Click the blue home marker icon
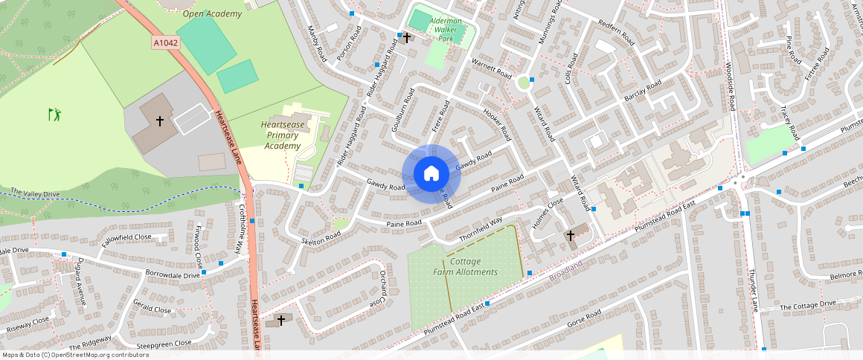pos(431,174)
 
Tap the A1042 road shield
pos(166,44)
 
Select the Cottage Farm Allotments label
pos(466,267)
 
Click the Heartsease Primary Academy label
pos(282,135)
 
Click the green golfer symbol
pos(54,115)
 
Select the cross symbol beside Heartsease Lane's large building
pos(159,120)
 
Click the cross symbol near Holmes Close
pos(571,235)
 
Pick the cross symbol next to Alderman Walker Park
pos(407,36)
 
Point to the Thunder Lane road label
pos(752,291)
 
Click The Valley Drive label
pos(34,193)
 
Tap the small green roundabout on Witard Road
pos(523,83)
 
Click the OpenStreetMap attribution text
pos(74,355)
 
